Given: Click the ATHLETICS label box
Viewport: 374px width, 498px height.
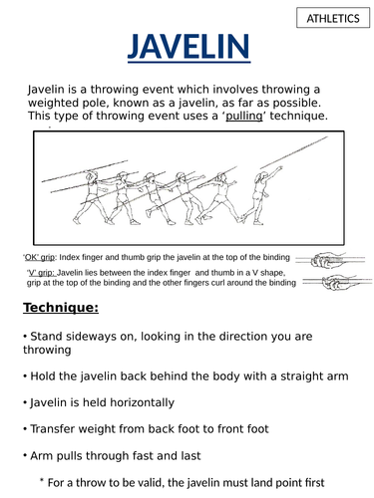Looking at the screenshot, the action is click(x=333, y=18).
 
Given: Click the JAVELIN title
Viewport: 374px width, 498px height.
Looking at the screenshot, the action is click(x=187, y=48).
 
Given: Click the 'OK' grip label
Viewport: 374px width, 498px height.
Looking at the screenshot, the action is click(x=40, y=256).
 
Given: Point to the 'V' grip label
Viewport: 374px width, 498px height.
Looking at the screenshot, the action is click(x=41, y=272).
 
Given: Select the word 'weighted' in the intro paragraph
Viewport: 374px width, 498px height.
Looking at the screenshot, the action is click(x=64, y=104).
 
